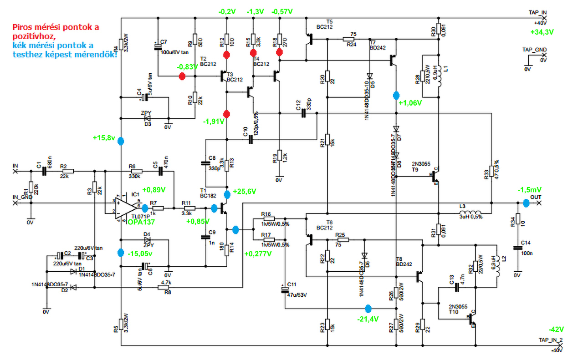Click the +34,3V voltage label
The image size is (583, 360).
(542, 32)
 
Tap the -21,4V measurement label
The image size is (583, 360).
(368, 319)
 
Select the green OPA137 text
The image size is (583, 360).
(141, 223)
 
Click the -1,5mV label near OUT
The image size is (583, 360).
(529, 190)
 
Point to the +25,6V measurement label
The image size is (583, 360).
(245, 191)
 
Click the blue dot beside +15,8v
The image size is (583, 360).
(121, 141)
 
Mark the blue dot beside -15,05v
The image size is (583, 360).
(121, 253)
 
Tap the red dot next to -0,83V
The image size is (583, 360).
(182, 76)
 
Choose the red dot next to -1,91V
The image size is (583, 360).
(227, 113)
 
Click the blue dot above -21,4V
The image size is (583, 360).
(368, 308)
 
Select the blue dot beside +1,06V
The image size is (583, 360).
(395, 96)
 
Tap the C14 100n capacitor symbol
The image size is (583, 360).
(517, 248)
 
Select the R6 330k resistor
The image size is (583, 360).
(135, 171)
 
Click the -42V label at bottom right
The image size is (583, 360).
(556, 329)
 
